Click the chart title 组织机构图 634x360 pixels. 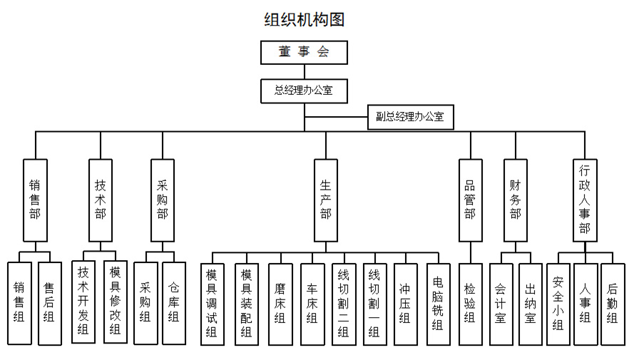(x=305, y=19)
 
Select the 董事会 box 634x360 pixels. (x=304, y=53)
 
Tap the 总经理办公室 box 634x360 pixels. (x=304, y=91)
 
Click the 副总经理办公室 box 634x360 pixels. (x=410, y=116)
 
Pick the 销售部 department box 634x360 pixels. (x=35, y=200)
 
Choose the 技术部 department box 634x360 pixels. (x=101, y=200)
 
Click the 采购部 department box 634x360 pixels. (x=163, y=200)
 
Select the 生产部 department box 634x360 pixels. (x=326, y=200)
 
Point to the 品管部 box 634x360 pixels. (x=469, y=200)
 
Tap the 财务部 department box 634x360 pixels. (x=515, y=200)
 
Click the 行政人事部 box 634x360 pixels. (x=585, y=200)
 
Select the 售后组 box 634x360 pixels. (x=49, y=303)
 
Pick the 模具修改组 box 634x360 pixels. (x=116, y=302)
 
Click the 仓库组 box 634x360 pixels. (x=174, y=303)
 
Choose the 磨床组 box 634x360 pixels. (x=280, y=304)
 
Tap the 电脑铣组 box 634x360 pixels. (x=438, y=304)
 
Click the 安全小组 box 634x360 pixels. (x=558, y=304)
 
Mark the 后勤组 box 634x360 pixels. (x=613, y=304)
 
